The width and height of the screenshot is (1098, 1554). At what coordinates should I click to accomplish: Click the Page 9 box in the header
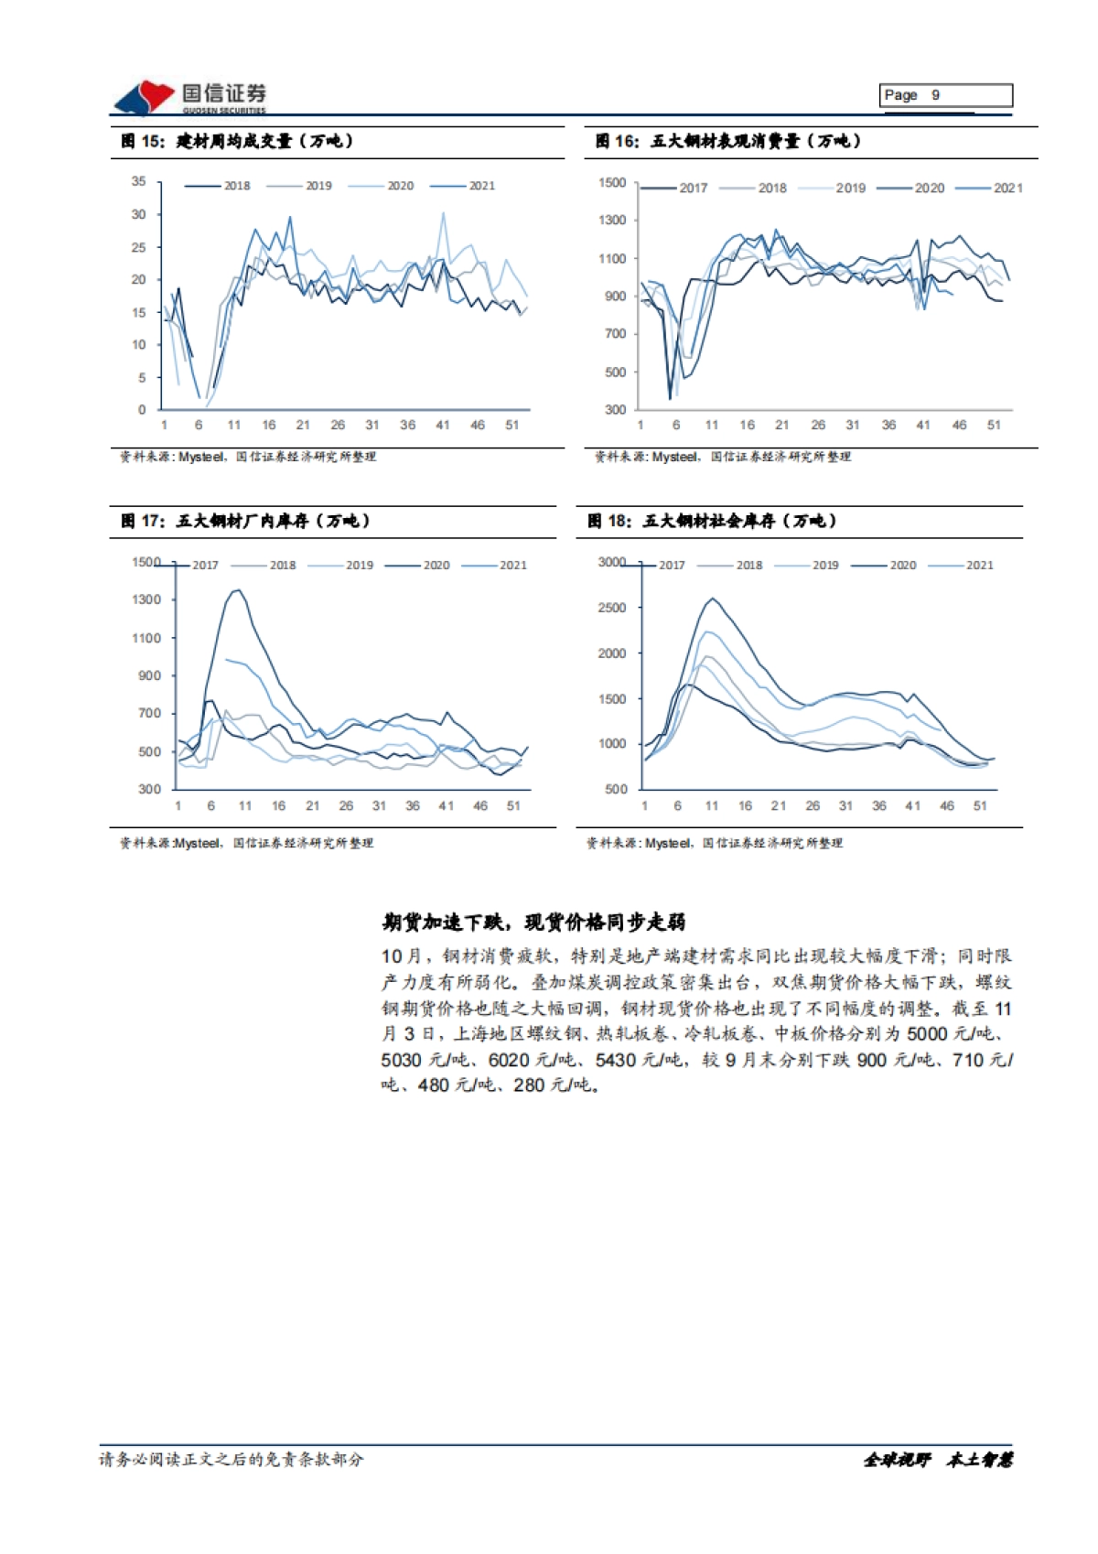tap(945, 95)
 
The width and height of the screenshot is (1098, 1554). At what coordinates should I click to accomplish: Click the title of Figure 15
tap(237, 141)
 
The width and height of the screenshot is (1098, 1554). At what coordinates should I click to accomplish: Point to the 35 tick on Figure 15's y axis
tap(138, 181)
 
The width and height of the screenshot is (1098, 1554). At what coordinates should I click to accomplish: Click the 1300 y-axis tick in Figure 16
tap(612, 220)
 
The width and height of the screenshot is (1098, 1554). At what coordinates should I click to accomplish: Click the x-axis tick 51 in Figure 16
tap(994, 425)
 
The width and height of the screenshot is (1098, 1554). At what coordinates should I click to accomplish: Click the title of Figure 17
tap(245, 521)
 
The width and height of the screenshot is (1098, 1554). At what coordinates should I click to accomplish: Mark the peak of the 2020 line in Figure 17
tap(238, 590)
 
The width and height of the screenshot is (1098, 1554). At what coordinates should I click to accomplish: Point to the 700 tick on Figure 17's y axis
tap(149, 713)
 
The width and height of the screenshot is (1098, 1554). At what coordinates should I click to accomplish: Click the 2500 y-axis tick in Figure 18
tap(612, 608)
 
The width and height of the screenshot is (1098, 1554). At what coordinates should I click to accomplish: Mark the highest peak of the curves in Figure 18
tap(713, 599)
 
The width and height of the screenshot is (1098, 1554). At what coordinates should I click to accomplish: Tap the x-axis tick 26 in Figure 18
tap(812, 805)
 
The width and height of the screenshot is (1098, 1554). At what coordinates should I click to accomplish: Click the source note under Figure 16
tap(723, 456)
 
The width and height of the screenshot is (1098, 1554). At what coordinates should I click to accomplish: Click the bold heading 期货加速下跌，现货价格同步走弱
tap(533, 922)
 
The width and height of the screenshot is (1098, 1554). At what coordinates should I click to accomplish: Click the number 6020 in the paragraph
tap(509, 1060)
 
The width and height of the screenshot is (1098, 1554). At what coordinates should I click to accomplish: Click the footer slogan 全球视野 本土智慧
tap(938, 1460)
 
